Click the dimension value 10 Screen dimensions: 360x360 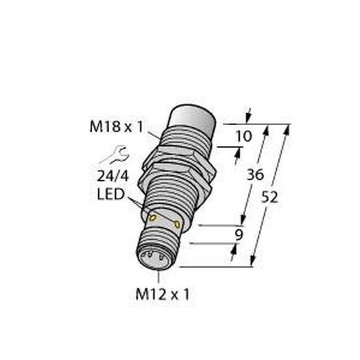click(244, 136)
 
